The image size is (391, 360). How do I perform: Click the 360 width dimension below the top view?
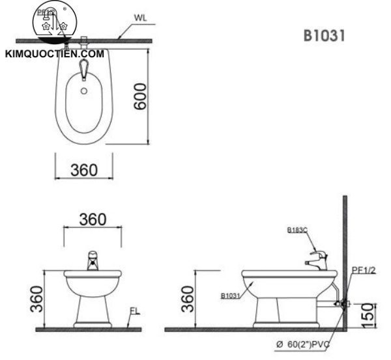(83, 170)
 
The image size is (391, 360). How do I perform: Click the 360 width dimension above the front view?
(93, 219)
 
